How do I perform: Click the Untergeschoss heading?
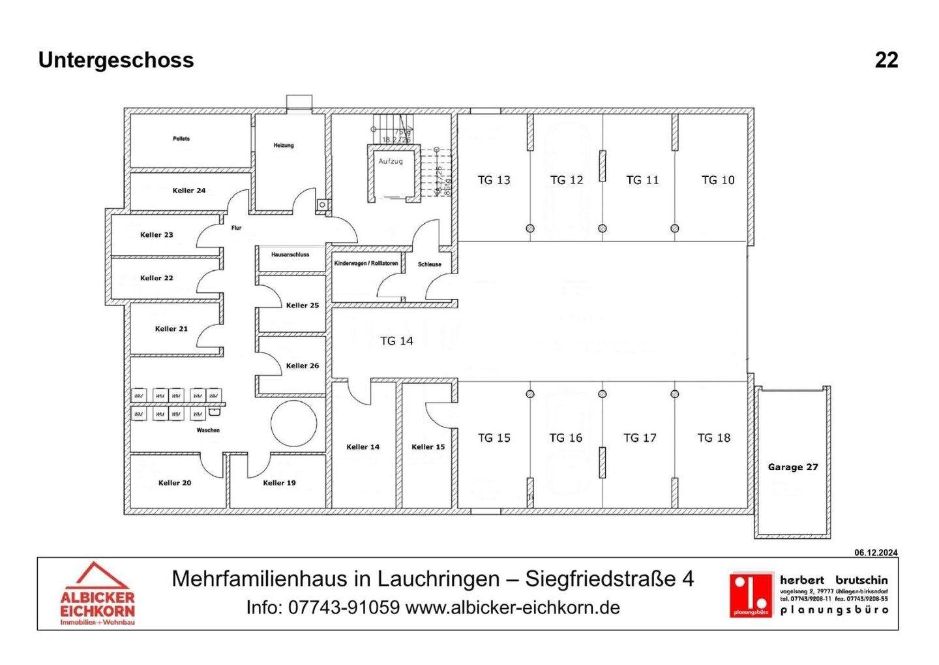click(x=116, y=60)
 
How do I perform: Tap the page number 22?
click(x=886, y=60)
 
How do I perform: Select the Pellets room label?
click(x=181, y=139)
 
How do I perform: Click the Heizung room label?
click(x=284, y=146)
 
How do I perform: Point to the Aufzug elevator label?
click(x=391, y=161)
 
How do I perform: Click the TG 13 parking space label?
click(x=494, y=180)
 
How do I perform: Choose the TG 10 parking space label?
click(x=718, y=180)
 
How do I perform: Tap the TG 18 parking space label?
click(x=714, y=438)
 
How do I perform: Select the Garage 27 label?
click(x=792, y=467)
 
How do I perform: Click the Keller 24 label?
click(x=189, y=191)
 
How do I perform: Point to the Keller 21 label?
click(x=171, y=329)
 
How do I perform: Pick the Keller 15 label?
click(x=428, y=447)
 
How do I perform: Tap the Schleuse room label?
click(x=430, y=264)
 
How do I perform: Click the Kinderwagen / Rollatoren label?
click(x=366, y=264)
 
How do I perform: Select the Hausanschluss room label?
click(x=291, y=255)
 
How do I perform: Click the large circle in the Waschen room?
click(x=293, y=423)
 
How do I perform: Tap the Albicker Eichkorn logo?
click(x=97, y=594)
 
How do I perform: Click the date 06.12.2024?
click(x=876, y=553)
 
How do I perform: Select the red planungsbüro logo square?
click(x=750, y=595)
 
